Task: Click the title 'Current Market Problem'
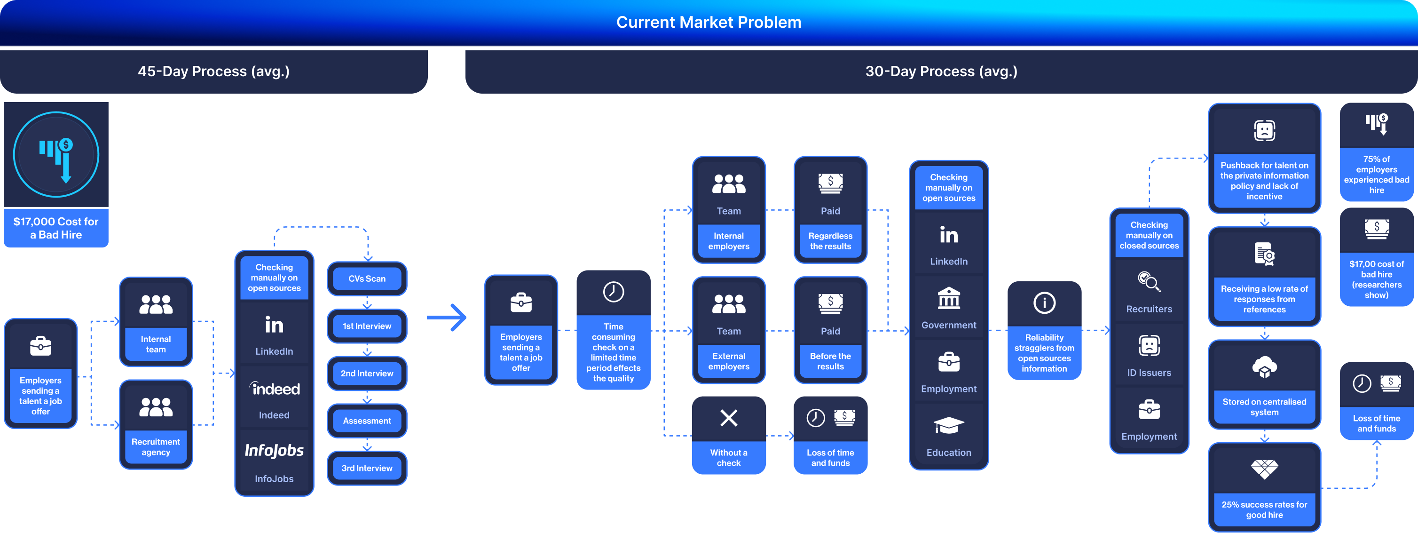709,22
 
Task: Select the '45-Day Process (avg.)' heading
213,71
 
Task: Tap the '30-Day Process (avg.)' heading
941,71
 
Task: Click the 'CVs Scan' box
367,278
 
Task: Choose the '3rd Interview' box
367,468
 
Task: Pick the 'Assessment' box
367,421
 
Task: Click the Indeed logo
274,389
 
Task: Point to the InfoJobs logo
274,450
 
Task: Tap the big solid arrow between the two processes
447,317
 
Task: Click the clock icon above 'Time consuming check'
613,292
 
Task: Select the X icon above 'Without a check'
729,418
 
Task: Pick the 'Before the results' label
830,361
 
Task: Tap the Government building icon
948,298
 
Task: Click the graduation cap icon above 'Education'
948,425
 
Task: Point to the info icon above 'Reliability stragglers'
1044,302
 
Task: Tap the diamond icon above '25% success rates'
1264,469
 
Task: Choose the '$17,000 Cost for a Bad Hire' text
56,228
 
